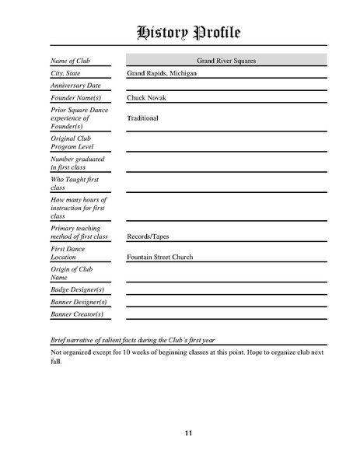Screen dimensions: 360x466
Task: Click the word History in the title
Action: tap(163, 32)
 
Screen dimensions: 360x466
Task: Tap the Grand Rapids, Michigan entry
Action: tap(161, 72)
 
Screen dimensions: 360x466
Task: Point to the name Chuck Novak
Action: tap(146, 98)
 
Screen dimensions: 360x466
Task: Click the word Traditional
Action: tap(142, 118)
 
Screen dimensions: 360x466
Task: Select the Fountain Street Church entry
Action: tap(159, 257)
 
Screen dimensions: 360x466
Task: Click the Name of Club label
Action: tap(70, 60)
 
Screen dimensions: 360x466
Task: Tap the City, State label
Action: tap(65, 72)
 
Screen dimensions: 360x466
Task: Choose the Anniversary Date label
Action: tap(75, 86)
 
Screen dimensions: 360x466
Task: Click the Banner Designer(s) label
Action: tap(79, 301)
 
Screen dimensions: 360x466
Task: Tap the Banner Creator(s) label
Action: tap(77, 314)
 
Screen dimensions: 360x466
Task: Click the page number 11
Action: tap(189, 433)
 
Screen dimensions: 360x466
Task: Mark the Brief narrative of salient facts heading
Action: tap(138, 341)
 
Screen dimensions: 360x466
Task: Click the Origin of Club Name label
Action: tap(71, 272)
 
